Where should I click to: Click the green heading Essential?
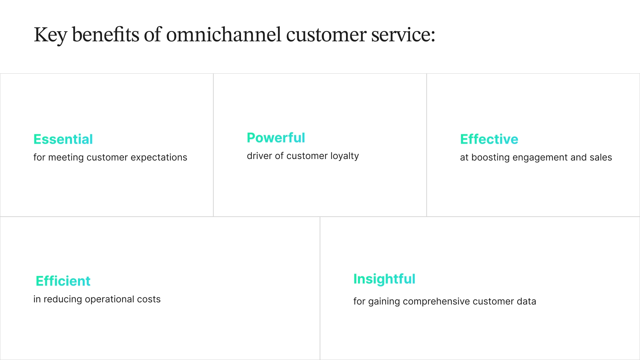click(x=63, y=139)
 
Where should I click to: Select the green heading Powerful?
click(x=276, y=138)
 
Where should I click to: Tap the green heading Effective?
click(x=489, y=139)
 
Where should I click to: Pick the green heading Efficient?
click(x=63, y=281)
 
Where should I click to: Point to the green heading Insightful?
click(x=384, y=279)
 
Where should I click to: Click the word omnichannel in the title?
click(x=224, y=35)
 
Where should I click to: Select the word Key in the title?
click(x=50, y=35)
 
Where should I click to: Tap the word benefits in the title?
click(x=105, y=35)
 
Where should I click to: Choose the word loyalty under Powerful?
click(x=345, y=156)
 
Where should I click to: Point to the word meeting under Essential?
click(x=66, y=157)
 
